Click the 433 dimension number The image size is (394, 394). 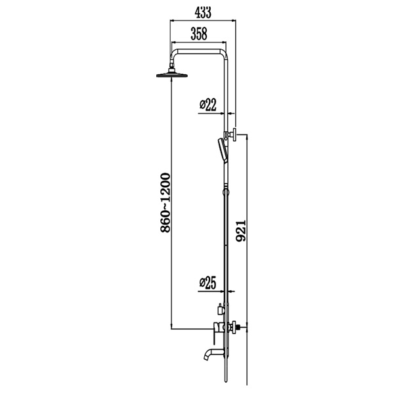(203, 11)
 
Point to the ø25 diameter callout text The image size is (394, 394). (207, 283)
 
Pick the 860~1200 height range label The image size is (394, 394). (165, 201)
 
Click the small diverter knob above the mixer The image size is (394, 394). (219, 307)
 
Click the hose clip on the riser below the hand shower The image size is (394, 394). (226, 192)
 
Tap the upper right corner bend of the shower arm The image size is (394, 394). (225, 54)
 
